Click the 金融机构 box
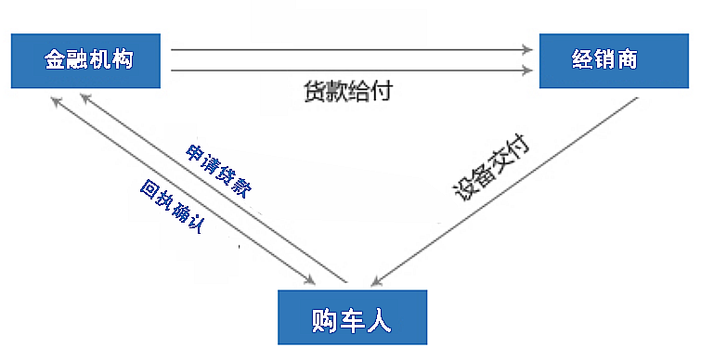click(x=88, y=60)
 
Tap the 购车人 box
click(x=353, y=317)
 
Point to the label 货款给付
click(x=346, y=91)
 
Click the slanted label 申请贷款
click(x=218, y=171)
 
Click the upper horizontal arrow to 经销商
click(x=353, y=50)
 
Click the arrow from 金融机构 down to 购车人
click(x=181, y=186)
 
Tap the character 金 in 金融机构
click(x=55, y=60)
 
